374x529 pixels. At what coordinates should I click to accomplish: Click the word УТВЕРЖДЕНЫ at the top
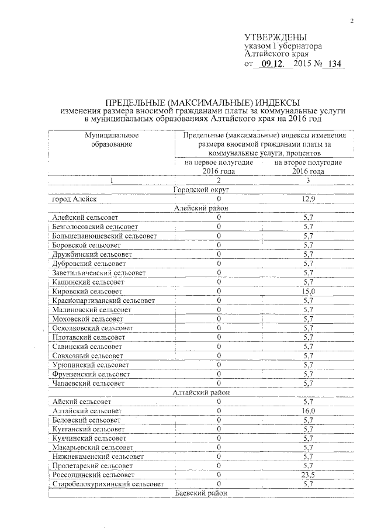[275, 37]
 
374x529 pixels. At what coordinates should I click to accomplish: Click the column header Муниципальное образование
[112, 140]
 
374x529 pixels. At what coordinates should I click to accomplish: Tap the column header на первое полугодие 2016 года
[219, 167]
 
